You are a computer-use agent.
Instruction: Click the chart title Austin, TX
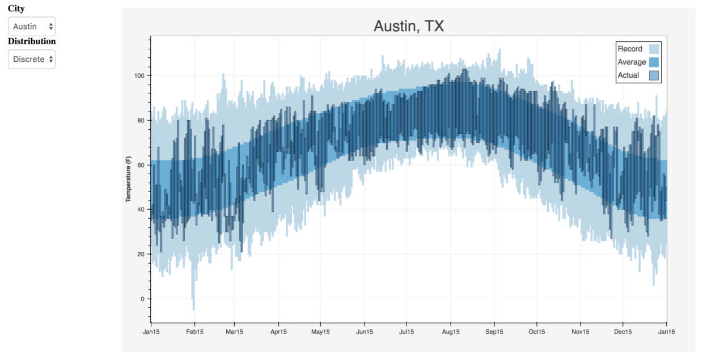pos(408,26)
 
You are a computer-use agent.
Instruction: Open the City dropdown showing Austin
pos(32,27)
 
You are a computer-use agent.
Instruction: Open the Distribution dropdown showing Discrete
pos(32,59)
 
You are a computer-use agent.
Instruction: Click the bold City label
pos(16,9)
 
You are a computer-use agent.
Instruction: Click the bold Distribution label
pos(32,41)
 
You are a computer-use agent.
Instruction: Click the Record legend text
pos(630,49)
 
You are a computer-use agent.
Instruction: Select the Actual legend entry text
pos(628,75)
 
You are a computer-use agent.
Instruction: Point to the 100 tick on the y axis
pos(139,75)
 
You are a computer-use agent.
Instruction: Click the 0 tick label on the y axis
pos(143,299)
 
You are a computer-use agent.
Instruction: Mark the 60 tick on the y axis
pos(141,165)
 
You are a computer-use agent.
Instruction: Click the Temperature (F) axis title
pos(129,181)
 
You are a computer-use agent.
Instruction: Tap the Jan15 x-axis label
pos(151,332)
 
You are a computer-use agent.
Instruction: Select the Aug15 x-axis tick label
pos(451,332)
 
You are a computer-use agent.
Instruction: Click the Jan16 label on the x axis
pos(666,332)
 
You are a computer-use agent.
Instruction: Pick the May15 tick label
pos(320,332)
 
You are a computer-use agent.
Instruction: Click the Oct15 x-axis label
pos(537,332)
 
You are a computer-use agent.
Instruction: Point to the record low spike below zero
pos(193,303)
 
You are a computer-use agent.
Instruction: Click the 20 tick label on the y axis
pos(141,254)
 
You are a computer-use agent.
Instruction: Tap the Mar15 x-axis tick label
pos(234,332)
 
